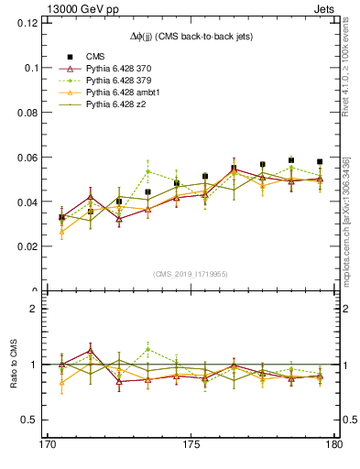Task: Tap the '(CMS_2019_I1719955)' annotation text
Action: tap(191, 273)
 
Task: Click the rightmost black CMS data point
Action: tap(319, 161)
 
